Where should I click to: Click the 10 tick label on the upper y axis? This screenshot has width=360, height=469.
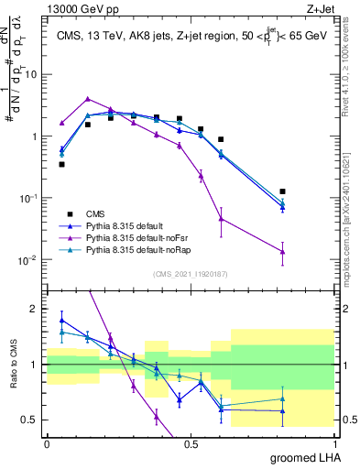pos(34,75)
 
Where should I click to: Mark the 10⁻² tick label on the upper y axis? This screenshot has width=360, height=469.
pos(30,260)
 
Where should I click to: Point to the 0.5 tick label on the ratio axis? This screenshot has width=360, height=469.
pos(33,420)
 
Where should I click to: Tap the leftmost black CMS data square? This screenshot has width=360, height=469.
pos(61,164)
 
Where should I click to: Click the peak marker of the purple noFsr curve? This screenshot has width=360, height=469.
pos(87,99)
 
